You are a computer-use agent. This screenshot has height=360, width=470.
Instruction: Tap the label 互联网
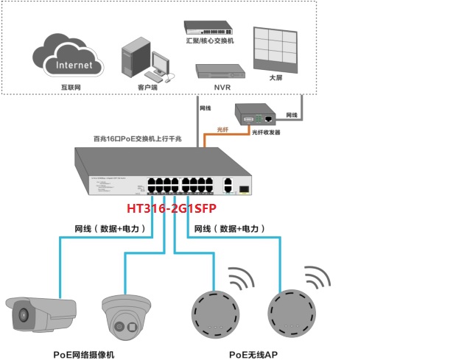pyautogui.click(x=70, y=87)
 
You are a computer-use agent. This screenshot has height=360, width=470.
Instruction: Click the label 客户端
pyautogui.click(x=147, y=87)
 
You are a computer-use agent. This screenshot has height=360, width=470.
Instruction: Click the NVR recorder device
pyautogui.click(x=220, y=72)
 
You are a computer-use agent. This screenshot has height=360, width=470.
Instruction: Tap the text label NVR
pyautogui.click(x=222, y=88)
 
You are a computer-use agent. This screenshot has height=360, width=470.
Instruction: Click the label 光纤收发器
pyautogui.click(x=266, y=133)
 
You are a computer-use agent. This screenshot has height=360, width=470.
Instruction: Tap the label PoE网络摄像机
pyautogui.click(x=83, y=354)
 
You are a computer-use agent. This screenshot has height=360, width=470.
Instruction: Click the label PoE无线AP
pyautogui.click(x=253, y=354)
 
